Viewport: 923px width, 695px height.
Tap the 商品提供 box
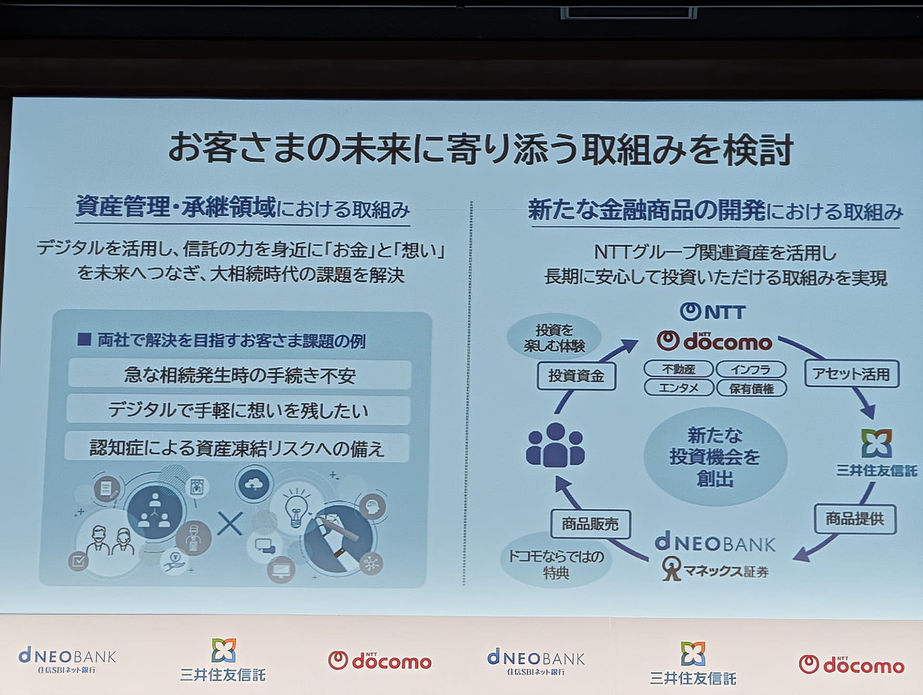tap(855, 519)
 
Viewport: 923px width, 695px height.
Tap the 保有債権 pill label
tap(751, 388)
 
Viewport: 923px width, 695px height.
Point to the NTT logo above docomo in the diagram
tap(712, 311)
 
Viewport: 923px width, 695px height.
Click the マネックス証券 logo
tap(715, 570)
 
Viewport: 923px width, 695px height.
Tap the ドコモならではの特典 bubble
tap(555, 565)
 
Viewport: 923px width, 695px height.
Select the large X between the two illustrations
tap(229, 524)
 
